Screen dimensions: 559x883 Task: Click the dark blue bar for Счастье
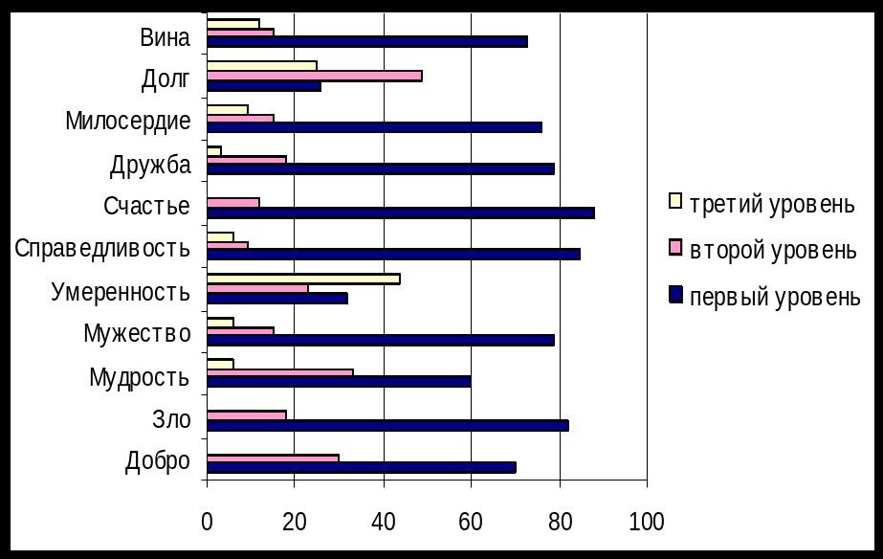400,213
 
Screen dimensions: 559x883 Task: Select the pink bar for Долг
314,76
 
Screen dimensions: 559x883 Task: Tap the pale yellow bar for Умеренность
303,279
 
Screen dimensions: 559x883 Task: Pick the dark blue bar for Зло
387,425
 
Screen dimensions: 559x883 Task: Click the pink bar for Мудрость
279,372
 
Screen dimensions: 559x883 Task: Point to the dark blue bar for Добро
361,467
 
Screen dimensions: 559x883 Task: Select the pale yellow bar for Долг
261,65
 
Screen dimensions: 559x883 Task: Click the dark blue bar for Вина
366,42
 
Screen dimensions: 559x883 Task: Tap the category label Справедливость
102,249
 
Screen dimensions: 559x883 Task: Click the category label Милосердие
128,122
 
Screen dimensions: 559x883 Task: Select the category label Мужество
137,334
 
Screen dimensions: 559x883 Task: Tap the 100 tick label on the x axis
647,522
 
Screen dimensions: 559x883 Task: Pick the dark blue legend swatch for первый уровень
675,296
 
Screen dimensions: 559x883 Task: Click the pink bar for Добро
273,458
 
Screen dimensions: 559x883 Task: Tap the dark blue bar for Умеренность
276,298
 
